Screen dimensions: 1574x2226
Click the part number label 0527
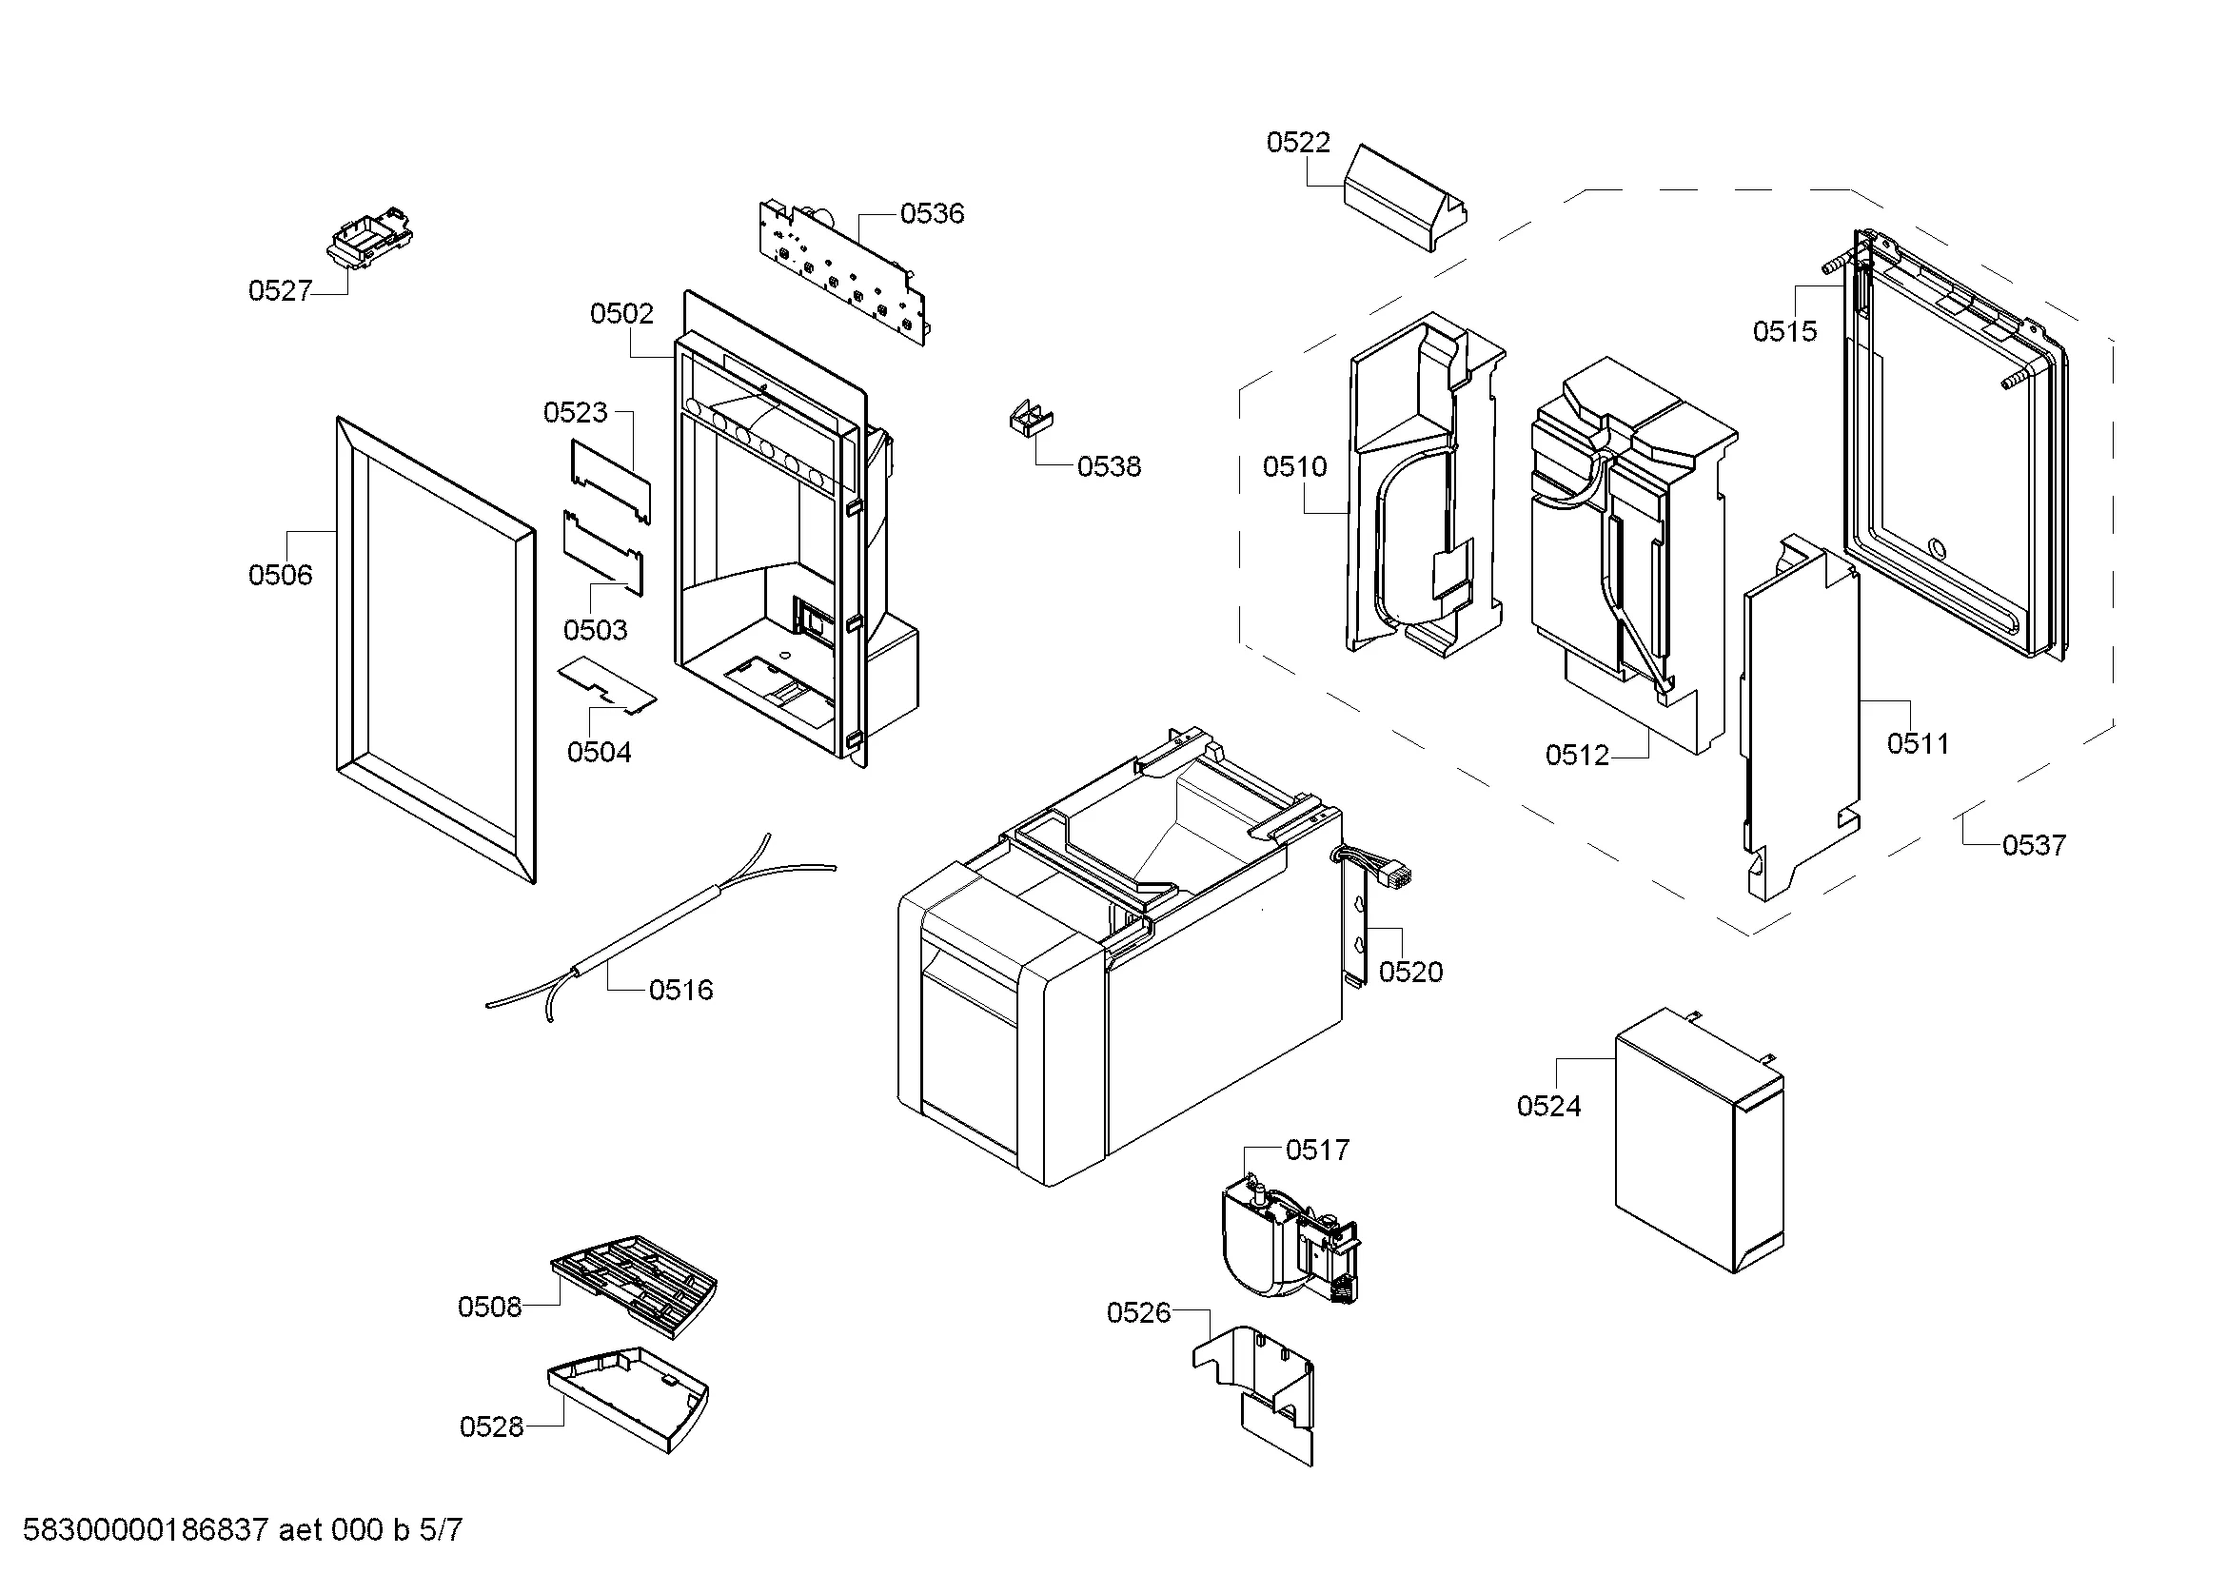tap(279, 291)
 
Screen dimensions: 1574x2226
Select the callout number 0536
tap(932, 214)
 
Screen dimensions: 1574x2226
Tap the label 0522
tap(1297, 144)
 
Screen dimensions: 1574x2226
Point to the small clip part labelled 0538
tap(1031, 418)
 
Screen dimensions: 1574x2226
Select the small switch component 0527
tap(369, 238)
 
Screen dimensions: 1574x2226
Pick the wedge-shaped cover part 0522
tap(1403, 199)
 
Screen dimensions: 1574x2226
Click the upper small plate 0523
tap(610, 480)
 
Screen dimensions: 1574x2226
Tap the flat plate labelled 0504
tap(607, 685)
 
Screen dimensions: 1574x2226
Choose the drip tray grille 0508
tap(634, 1284)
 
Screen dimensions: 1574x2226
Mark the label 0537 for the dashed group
tap(2033, 846)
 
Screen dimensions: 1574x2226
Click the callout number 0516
tap(680, 991)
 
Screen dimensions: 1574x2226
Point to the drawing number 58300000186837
tap(146, 1530)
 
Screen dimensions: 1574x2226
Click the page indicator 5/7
tap(442, 1530)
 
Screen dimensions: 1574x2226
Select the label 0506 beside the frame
tap(280, 576)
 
